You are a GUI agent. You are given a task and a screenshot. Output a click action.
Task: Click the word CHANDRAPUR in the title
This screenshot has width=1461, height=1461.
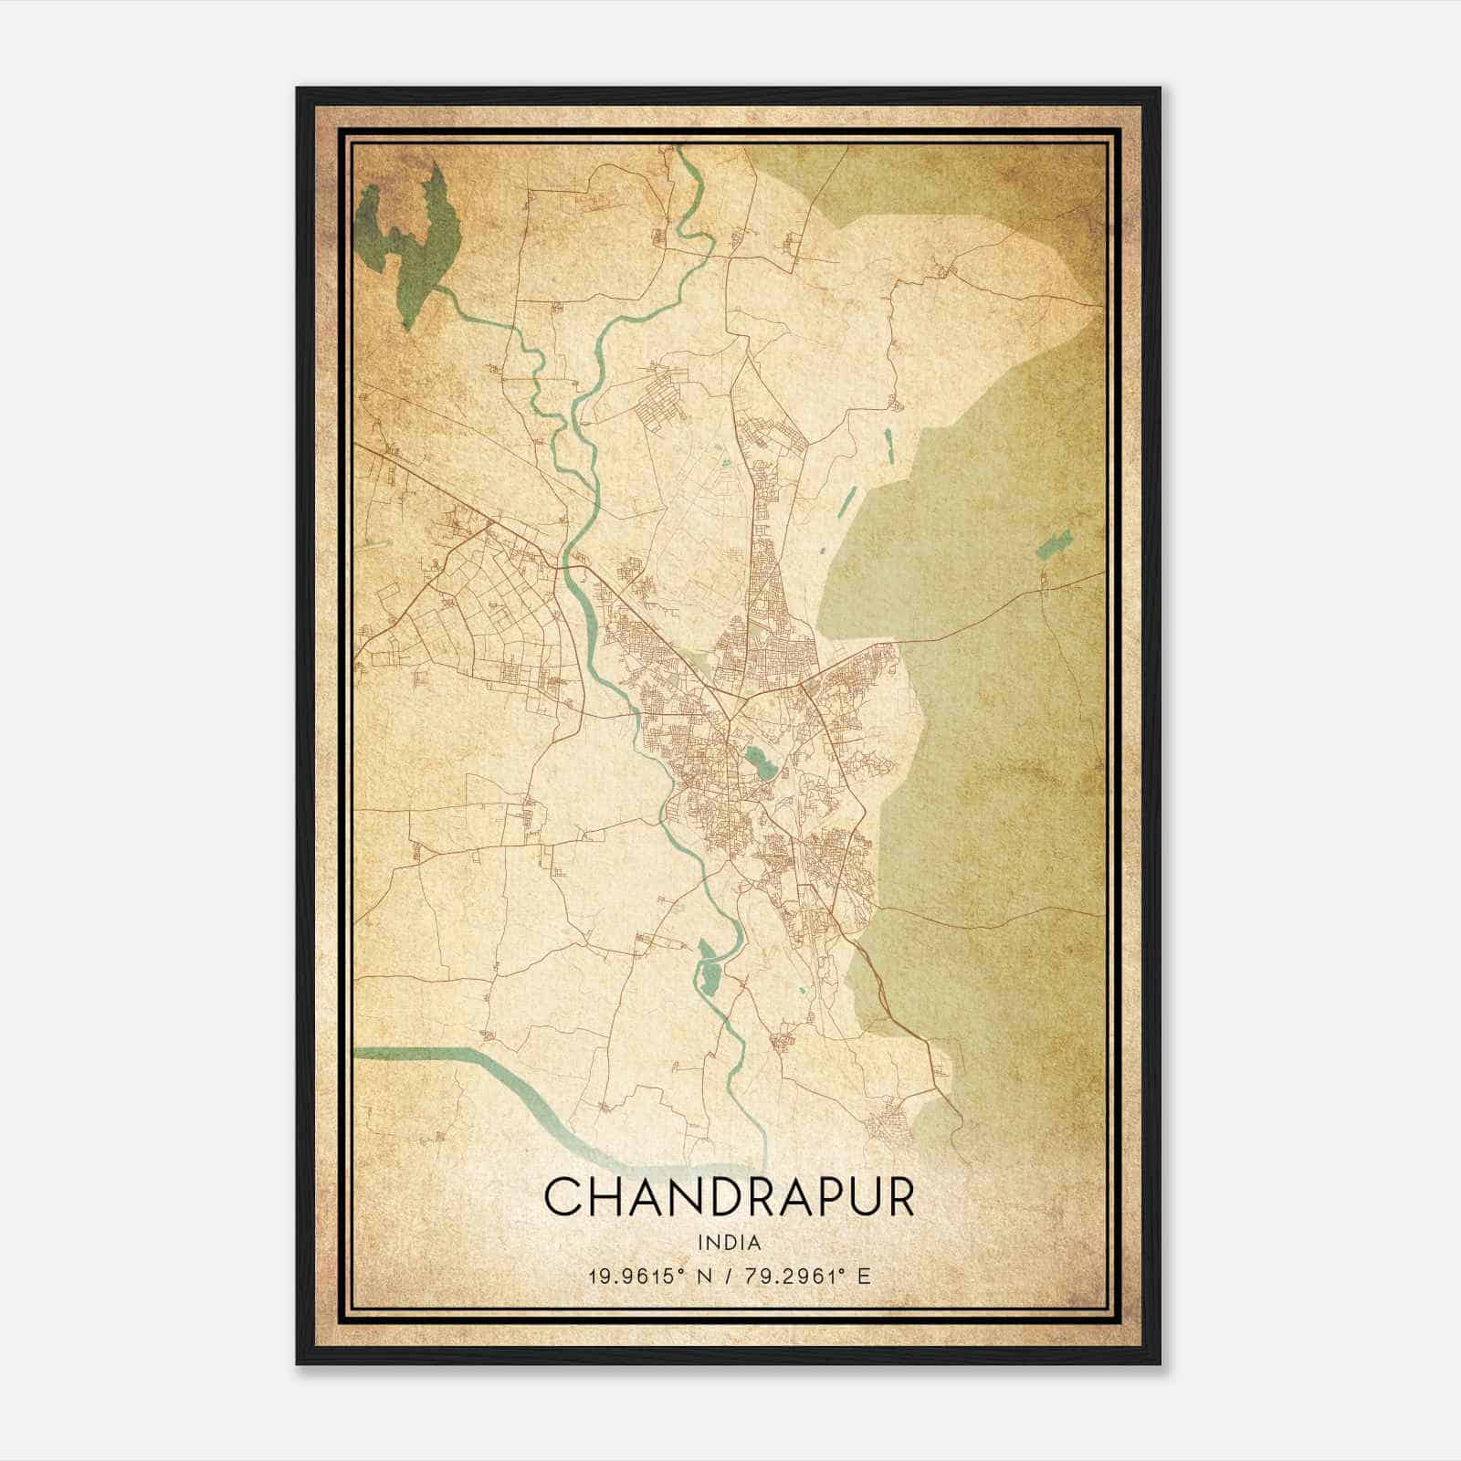tap(729, 1197)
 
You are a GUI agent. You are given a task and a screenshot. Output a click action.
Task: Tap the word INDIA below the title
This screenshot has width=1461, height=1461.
tap(729, 1242)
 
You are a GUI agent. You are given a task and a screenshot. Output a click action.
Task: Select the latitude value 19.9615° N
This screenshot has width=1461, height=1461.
tap(647, 1276)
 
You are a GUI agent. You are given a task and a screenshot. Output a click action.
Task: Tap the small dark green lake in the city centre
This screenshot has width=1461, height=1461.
tap(756, 761)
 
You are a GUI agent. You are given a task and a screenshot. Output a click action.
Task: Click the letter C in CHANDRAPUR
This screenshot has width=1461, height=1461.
tap(563, 1197)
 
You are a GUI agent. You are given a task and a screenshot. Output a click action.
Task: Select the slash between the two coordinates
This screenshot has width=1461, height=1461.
tap(725, 1276)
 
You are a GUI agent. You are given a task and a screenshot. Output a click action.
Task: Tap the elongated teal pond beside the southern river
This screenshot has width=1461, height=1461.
tap(708, 968)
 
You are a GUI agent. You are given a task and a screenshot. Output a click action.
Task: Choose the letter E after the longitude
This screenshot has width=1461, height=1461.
tap(864, 1276)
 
